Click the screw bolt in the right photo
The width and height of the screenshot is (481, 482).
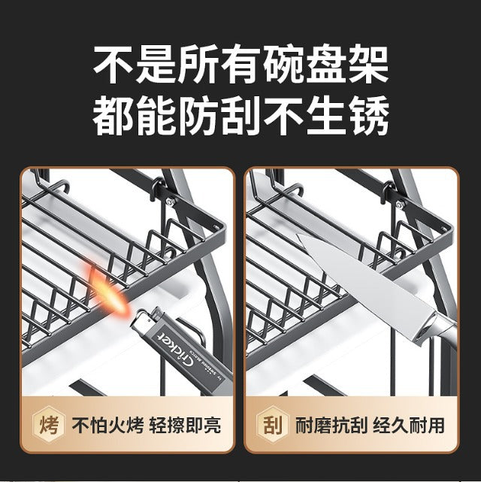393,201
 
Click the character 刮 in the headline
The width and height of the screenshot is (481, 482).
240,117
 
